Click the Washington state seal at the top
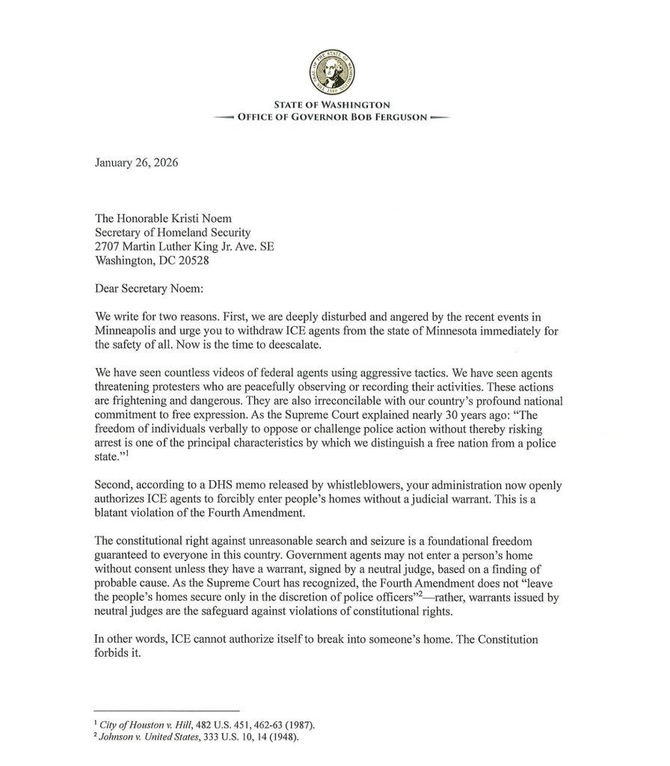(x=332, y=72)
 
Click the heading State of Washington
(x=332, y=105)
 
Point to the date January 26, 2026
(x=136, y=162)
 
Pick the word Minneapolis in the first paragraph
(x=128, y=331)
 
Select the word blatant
(x=114, y=514)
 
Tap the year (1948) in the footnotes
(x=282, y=738)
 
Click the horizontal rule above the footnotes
(x=166, y=710)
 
